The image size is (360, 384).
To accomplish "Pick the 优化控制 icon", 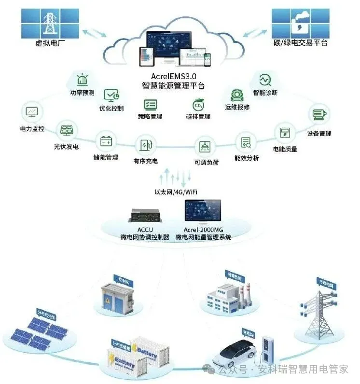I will [x=111, y=95].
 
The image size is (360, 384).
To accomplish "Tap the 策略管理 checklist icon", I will [x=150, y=104].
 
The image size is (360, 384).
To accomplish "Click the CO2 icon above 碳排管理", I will [x=198, y=105].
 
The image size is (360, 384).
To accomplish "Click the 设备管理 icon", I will [x=318, y=115].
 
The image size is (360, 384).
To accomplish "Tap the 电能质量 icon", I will [x=285, y=133].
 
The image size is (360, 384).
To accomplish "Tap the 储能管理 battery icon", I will [x=106, y=141].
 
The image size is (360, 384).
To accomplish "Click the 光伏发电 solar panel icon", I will [x=66, y=130].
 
